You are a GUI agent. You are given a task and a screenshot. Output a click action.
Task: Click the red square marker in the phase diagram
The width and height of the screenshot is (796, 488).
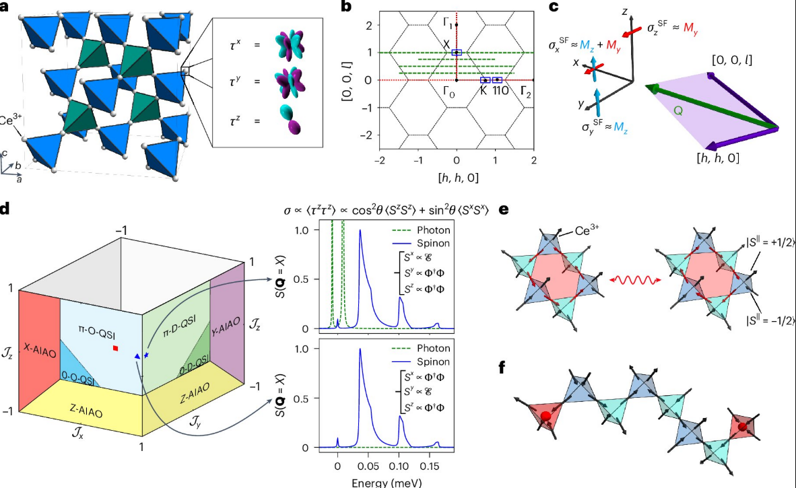[x=116, y=348]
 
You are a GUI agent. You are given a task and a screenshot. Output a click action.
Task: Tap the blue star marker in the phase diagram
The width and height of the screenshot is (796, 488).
[x=146, y=355]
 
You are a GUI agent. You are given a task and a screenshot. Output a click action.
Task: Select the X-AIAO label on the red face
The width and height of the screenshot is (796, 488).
[x=40, y=349]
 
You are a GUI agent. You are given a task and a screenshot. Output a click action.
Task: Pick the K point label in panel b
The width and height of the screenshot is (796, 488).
[x=484, y=92]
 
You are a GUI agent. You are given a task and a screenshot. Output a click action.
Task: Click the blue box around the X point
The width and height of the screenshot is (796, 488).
[x=457, y=53]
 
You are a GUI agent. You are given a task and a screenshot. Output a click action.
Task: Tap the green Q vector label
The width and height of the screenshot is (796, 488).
[x=677, y=110]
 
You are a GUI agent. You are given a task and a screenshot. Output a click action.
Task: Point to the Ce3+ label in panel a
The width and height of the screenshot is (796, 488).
[x=11, y=120]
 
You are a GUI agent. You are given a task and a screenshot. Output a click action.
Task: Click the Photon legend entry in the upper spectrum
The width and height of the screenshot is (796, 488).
[x=421, y=230]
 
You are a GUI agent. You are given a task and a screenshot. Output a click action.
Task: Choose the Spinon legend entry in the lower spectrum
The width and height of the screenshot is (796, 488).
[x=421, y=361]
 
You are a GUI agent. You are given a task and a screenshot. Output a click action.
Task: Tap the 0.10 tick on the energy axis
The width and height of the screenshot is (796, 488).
[x=399, y=467]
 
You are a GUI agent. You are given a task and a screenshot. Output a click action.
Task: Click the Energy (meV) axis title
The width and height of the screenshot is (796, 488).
[x=387, y=483]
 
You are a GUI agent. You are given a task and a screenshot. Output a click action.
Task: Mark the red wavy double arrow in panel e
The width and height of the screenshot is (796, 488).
[x=634, y=279]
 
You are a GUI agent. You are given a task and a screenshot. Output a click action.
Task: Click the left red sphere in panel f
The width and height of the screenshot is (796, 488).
[x=545, y=417]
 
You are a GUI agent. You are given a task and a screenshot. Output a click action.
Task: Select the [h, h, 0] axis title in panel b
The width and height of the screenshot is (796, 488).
[x=458, y=177]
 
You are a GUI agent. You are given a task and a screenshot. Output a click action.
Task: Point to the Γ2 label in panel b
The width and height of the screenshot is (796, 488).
[x=526, y=92]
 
